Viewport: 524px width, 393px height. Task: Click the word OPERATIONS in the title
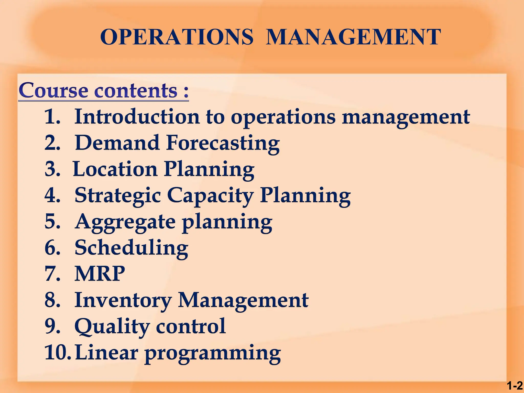pyautogui.click(x=177, y=37)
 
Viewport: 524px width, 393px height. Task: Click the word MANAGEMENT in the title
pyautogui.click(x=353, y=37)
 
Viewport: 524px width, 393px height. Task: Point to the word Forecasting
pyautogui.click(x=223, y=143)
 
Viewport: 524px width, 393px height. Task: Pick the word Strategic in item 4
pyautogui.click(x=118, y=196)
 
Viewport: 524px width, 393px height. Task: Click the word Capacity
pyautogui.click(x=210, y=196)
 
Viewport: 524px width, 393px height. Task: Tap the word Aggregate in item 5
pyautogui.click(x=125, y=222)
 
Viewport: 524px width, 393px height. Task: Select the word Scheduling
pyautogui.click(x=131, y=248)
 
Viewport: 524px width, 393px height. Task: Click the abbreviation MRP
pyautogui.click(x=100, y=274)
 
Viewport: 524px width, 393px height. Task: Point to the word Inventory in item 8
pyautogui.click(x=123, y=300)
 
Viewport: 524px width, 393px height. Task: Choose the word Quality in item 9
pyautogui.click(x=112, y=326)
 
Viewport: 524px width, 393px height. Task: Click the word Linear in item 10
pyautogui.click(x=107, y=353)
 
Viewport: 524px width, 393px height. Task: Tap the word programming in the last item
pyautogui.click(x=213, y=353)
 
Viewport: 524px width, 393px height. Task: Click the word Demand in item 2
pyautogui.click(x=117, y=143)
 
